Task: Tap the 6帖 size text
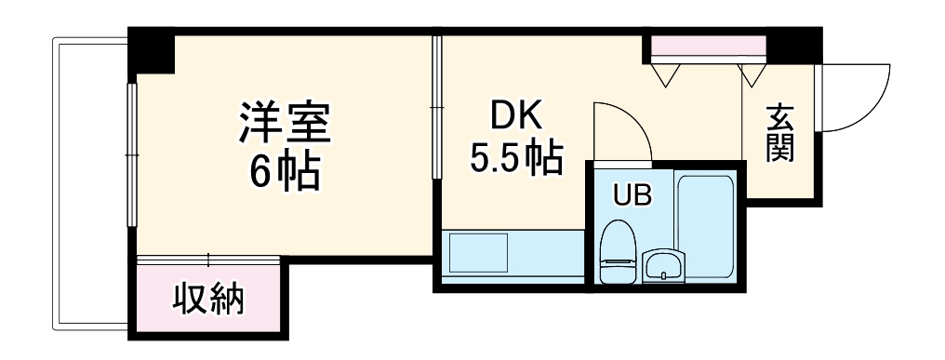(285, 169)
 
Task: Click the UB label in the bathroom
(631, 195)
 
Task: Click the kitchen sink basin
(478, 252)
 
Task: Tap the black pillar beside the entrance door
(798, 45)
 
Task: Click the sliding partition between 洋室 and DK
(435, 107)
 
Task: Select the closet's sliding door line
(208, 259)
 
